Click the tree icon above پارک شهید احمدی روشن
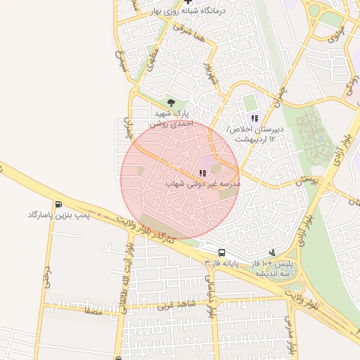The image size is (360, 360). point(171,103)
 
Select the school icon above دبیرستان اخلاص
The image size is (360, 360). point(255,117)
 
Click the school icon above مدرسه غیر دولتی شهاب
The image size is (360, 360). point(202,172)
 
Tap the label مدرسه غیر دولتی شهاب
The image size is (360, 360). point(202,184)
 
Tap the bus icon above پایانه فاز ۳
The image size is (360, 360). point(222,252)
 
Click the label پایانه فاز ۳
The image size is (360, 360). point(222,262)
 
